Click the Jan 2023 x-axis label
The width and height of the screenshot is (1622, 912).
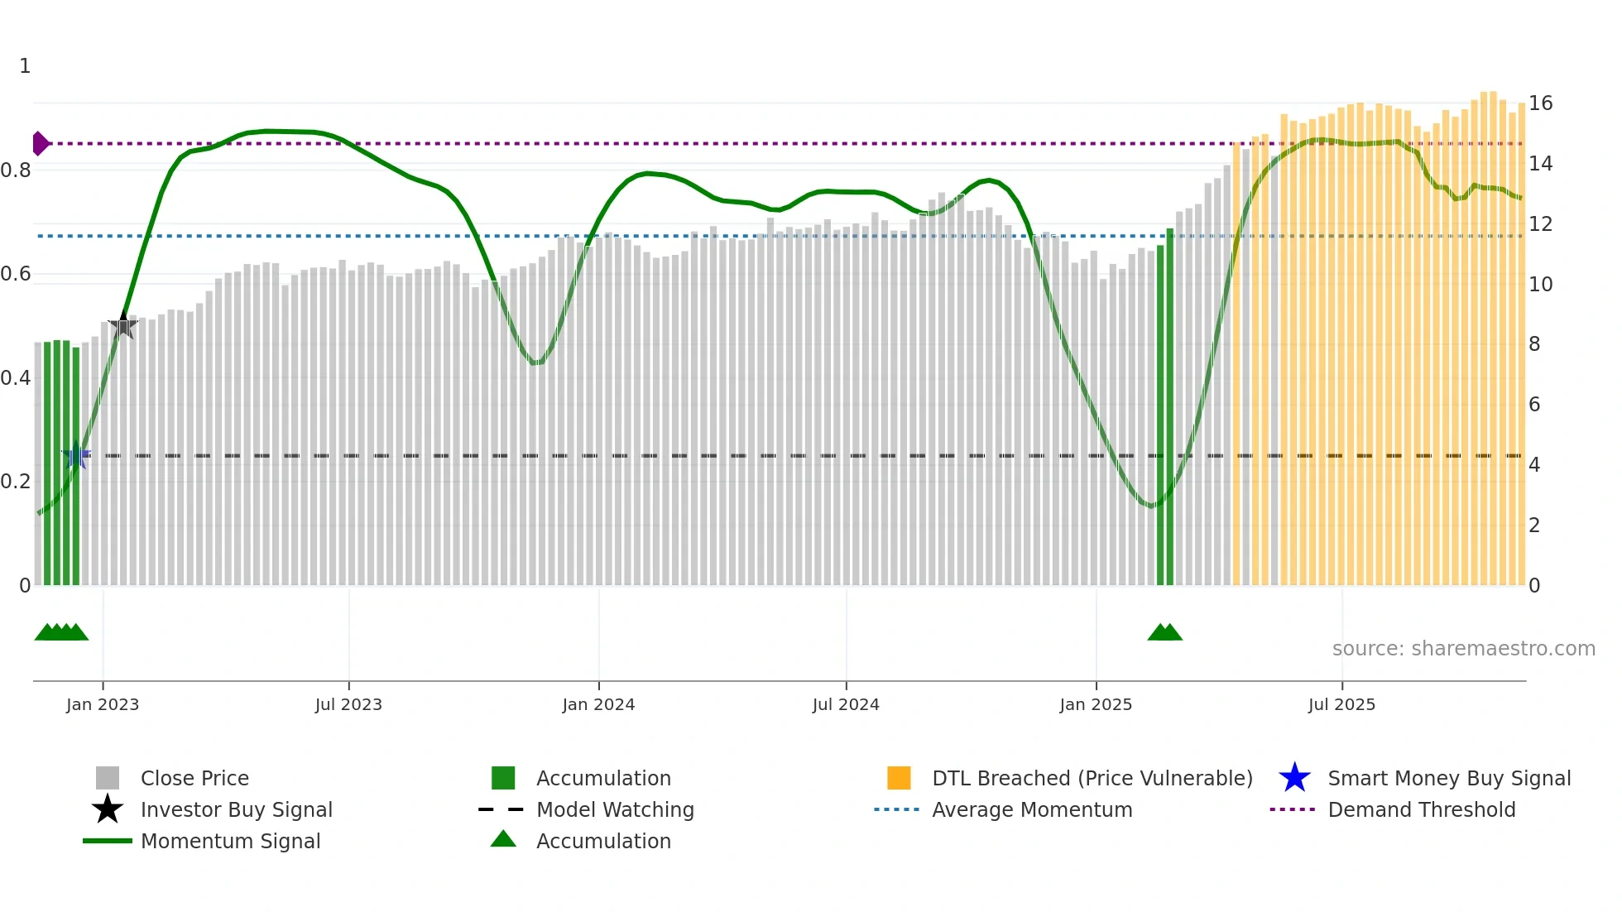[x=103, y=704]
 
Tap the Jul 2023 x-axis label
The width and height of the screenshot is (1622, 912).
[x=348, y=704]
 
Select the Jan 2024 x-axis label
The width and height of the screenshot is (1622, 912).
[x=598, y=704]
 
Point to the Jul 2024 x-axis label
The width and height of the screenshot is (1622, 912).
[x=846, y=704]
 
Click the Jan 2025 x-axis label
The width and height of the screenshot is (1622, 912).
[x=1096, y=704]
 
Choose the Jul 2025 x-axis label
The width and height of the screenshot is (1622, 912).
[x=1341, y=704]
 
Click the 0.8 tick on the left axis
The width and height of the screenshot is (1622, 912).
[x=16, y=170]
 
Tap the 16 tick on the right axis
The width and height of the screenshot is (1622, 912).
[x=1540, y=103]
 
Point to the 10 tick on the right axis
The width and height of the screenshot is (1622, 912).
[x=1540, y=285]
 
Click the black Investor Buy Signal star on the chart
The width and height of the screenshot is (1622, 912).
[x=123, y=325]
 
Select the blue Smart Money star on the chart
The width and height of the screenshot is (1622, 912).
[x=76, y=455]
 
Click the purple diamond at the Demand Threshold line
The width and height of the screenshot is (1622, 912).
[x=40, y=143]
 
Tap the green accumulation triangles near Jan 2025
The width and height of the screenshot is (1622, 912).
[x=1164, y=632]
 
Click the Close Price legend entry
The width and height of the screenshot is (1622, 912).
[x=194, y=778]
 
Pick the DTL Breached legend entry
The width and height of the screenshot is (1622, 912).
[x=1092, y=778]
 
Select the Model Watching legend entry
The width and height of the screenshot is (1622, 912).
[x=614, y=809]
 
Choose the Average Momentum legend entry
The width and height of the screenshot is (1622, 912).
[x=1031, y=809]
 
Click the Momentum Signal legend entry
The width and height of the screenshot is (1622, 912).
[x=230, y=841]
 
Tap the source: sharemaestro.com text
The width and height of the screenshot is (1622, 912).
[x=1463, y=649]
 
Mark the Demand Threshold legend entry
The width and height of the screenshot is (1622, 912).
[x=1421, y=809]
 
